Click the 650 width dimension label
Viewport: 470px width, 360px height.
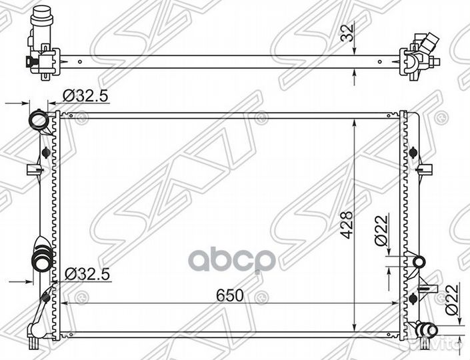coord(230,295)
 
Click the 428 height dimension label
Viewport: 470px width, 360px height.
coord(347,225)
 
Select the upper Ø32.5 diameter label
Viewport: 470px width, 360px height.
coord(85,97)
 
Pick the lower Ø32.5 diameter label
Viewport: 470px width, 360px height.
coord(87,274)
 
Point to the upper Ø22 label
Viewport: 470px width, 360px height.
coord(381,231)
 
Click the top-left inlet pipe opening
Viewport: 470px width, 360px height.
coord(39,120)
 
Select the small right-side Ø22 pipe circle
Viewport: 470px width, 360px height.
coord(419,262)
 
